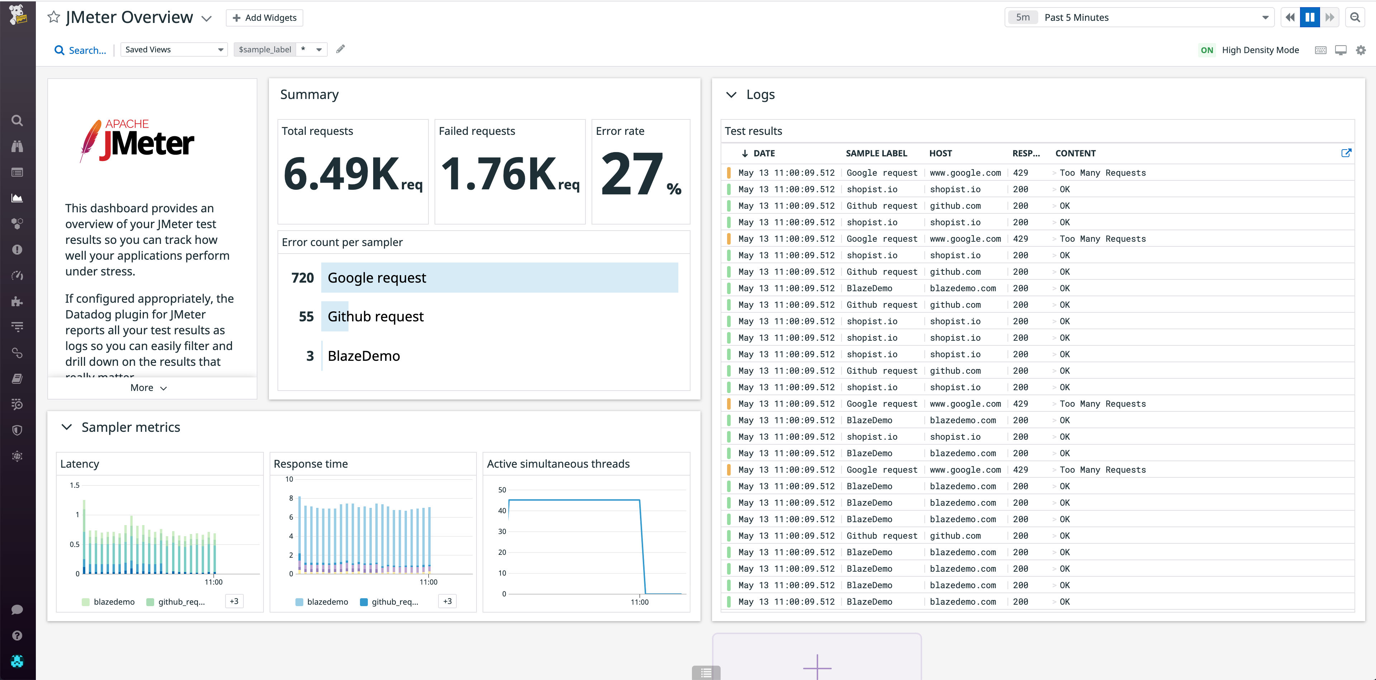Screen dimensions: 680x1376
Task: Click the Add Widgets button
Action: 265,18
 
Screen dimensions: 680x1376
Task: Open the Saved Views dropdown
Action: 174,50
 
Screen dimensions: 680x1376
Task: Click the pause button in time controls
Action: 1309,18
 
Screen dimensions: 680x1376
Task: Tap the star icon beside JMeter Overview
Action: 53,17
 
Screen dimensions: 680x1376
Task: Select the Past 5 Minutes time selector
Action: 1138,18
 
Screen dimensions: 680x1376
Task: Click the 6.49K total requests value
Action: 342,174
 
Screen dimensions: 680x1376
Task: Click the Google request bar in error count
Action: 499,278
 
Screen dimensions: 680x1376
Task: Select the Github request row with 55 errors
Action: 375,317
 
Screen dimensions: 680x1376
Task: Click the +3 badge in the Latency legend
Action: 234,601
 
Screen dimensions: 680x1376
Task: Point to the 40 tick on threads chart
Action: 502,511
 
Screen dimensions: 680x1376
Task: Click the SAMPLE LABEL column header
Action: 876,153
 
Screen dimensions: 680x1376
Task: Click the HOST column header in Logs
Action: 940,153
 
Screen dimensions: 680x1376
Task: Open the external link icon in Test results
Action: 1346,153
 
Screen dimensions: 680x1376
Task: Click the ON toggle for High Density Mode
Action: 1207,50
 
